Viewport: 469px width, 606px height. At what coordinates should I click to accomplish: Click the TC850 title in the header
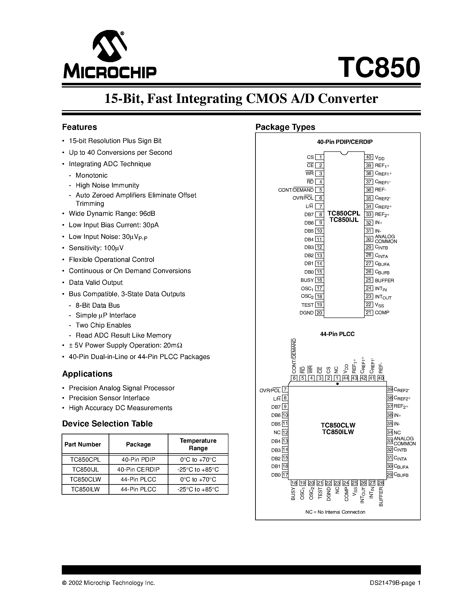click(379, 68)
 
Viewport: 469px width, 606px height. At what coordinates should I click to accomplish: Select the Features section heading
click(79, 127)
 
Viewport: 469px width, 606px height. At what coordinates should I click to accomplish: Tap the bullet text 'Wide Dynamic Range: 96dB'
click(112, 213)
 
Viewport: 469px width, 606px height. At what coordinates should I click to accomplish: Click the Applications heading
click(87, 374)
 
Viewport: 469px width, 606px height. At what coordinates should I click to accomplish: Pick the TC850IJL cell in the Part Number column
click(85, 469)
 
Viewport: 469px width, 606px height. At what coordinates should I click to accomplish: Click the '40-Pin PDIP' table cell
click(138, 459)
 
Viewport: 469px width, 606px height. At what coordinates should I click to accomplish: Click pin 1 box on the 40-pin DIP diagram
click(320, 157)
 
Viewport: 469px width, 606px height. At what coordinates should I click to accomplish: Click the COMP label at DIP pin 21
click(382, 313)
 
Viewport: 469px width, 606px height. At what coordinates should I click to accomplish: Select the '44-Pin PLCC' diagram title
click(337, 334)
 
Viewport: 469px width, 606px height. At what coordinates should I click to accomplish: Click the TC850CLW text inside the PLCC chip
click(338, 425)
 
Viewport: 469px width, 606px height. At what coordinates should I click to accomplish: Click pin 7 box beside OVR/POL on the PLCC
click(285, 390)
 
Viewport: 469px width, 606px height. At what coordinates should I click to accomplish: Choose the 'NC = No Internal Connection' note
click(335, 512)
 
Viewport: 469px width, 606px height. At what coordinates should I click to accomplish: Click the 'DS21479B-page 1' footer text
click(395, 583)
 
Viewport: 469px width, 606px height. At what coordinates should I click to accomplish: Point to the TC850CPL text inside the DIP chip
click(344, 213)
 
